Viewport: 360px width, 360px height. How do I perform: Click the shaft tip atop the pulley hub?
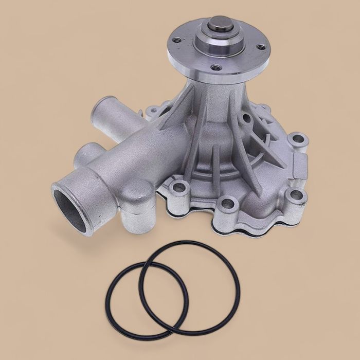click(x=218, y=24)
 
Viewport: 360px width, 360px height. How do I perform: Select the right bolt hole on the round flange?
click(x=261, y=47)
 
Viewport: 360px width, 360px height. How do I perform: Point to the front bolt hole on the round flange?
click(x=216, y=67)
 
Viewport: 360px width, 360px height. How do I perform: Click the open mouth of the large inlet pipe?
click(x=71, y=204)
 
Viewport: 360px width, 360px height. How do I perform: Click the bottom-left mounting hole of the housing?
click(x=178, y=188)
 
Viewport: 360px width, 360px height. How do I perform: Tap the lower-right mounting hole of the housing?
click(x=296, y=195)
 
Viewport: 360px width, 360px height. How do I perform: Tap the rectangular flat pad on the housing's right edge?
click(x=299, y=167)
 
